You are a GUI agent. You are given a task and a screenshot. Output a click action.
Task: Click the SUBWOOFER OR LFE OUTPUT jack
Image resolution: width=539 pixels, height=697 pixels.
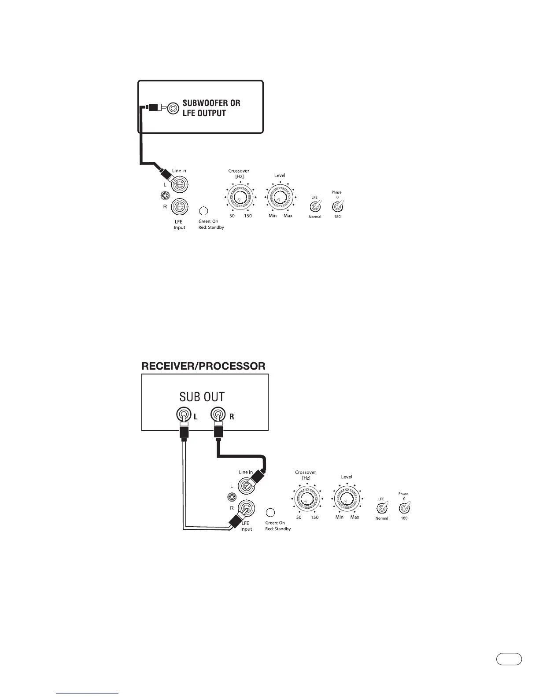click(173, 107)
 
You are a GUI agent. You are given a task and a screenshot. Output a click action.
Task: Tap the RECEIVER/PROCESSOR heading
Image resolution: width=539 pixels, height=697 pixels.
click(203, 366)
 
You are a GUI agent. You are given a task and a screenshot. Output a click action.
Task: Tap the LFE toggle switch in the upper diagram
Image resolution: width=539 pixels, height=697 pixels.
click(315, 207)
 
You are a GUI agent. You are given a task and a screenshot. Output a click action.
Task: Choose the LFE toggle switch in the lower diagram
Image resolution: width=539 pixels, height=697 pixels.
click(382, 508)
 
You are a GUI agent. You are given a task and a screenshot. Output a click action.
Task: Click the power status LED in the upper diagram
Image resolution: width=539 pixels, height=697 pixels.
click(204, 211)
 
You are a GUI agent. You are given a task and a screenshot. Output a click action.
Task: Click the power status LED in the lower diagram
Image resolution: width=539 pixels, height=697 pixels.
click(271, 513)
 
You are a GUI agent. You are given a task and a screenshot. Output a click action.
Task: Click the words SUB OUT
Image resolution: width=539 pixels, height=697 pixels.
click(202, 397)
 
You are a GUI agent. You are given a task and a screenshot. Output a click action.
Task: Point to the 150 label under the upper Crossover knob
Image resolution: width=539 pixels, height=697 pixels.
click(248, 216)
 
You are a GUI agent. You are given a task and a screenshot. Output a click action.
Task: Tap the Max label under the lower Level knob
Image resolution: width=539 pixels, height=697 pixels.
click(355, 517)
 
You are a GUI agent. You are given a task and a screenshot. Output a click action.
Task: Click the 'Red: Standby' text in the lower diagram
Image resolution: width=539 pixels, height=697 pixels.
click(278, 529)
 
